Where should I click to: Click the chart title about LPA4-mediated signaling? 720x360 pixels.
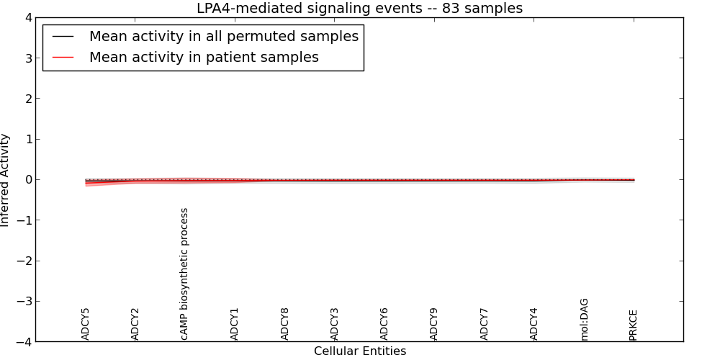(x=359, y=9)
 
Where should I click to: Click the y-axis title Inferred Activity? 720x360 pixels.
(x=6, y=180)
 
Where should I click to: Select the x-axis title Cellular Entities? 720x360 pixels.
(x=359, y=351)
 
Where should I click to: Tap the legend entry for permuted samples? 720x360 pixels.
(x=223, y=36)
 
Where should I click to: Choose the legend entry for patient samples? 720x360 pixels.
(x=204, y=58)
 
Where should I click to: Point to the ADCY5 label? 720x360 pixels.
(x=86, y=324)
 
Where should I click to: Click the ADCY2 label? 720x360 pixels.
(x=135, y=324)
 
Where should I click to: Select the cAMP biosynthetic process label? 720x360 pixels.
(x=185, y=274)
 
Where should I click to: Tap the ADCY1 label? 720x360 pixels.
(x=235, y=324)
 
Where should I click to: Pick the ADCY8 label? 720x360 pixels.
(x=285, y=324)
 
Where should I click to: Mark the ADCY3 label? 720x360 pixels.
(x=335, y=324)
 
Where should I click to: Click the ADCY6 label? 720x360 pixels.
(x=384, y=324)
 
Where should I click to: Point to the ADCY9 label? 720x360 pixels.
(x=434, y=324)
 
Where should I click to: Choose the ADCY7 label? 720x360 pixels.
(x=484, y=324)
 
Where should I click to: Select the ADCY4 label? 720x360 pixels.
(x=534, y=324)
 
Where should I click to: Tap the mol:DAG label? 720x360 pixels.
(x=584, y=319)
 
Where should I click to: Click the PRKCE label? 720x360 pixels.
(x=634, y=325)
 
